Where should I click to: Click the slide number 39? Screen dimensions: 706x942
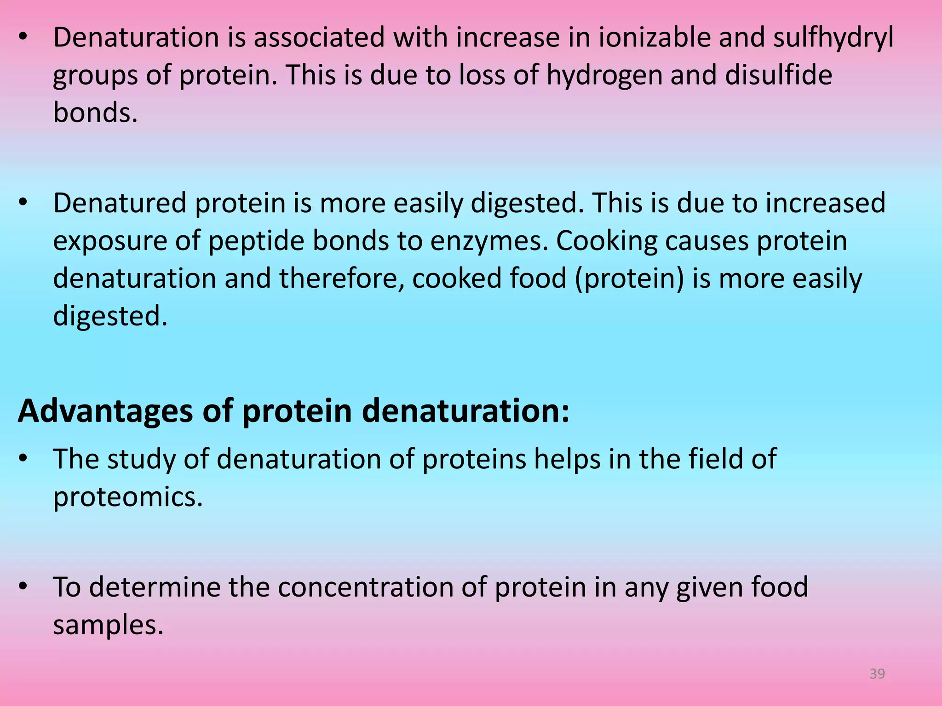[877, 674]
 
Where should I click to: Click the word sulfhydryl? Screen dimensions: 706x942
[833, 38]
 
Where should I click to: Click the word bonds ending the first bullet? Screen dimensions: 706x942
[95, 113]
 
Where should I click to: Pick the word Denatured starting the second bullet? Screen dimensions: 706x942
[120, 203]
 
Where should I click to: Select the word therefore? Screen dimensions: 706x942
[341, 279]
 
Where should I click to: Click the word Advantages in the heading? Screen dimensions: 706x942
[105, 411]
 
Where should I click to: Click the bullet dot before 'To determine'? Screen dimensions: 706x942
[24, 586]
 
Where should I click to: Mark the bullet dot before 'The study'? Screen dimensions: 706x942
[24, 459]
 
